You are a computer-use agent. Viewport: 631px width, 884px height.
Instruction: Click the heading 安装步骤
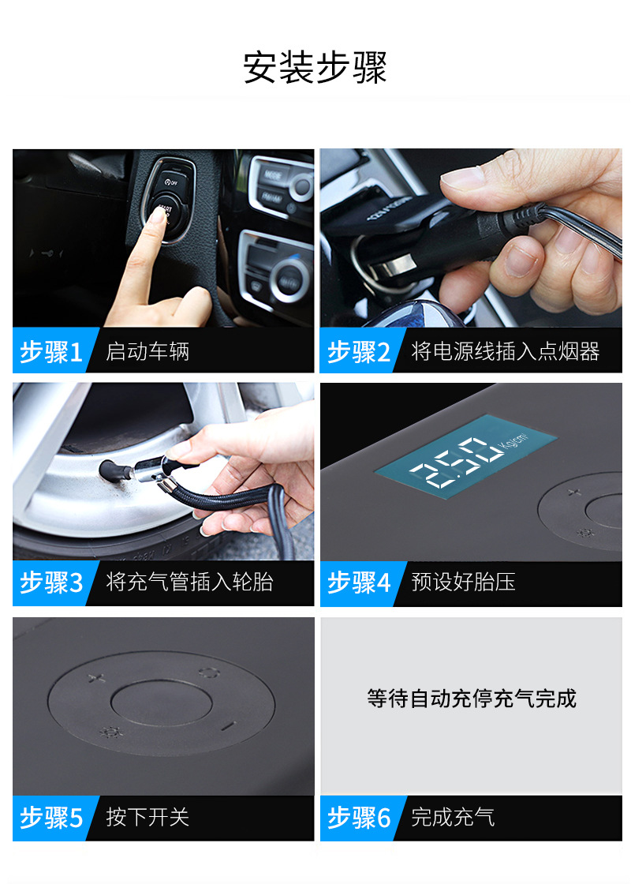[x=315, y=68]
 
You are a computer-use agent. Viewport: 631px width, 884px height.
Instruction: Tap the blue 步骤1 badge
[x=51, y=352]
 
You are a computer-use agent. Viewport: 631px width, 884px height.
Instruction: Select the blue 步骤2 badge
[x=359, y=352]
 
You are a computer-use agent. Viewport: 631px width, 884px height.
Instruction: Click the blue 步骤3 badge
[x=51, y=583]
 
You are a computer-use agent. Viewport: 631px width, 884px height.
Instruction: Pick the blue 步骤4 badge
[x=359, y=583]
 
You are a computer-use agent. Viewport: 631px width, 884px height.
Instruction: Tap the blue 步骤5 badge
[x=51, y=818]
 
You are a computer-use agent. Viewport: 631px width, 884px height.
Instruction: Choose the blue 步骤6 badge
[x=359, y=818]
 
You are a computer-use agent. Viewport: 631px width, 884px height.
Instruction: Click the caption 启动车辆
[x=147, y=352]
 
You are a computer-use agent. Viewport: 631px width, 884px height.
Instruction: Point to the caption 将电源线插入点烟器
[x=506, y=352]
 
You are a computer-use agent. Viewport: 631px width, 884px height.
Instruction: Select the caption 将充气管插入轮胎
[x=189, y=583]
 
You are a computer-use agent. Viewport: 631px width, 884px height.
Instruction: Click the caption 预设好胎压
[x=464, y=583]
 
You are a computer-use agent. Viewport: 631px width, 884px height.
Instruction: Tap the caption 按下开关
[x=147, y=818]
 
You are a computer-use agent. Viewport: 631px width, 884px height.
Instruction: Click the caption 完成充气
[x=453, y=818]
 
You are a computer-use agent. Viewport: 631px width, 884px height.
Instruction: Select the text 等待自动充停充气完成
[x=471, y=699]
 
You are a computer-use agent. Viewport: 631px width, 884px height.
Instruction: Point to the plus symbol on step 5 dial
[x=96, y=677]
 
